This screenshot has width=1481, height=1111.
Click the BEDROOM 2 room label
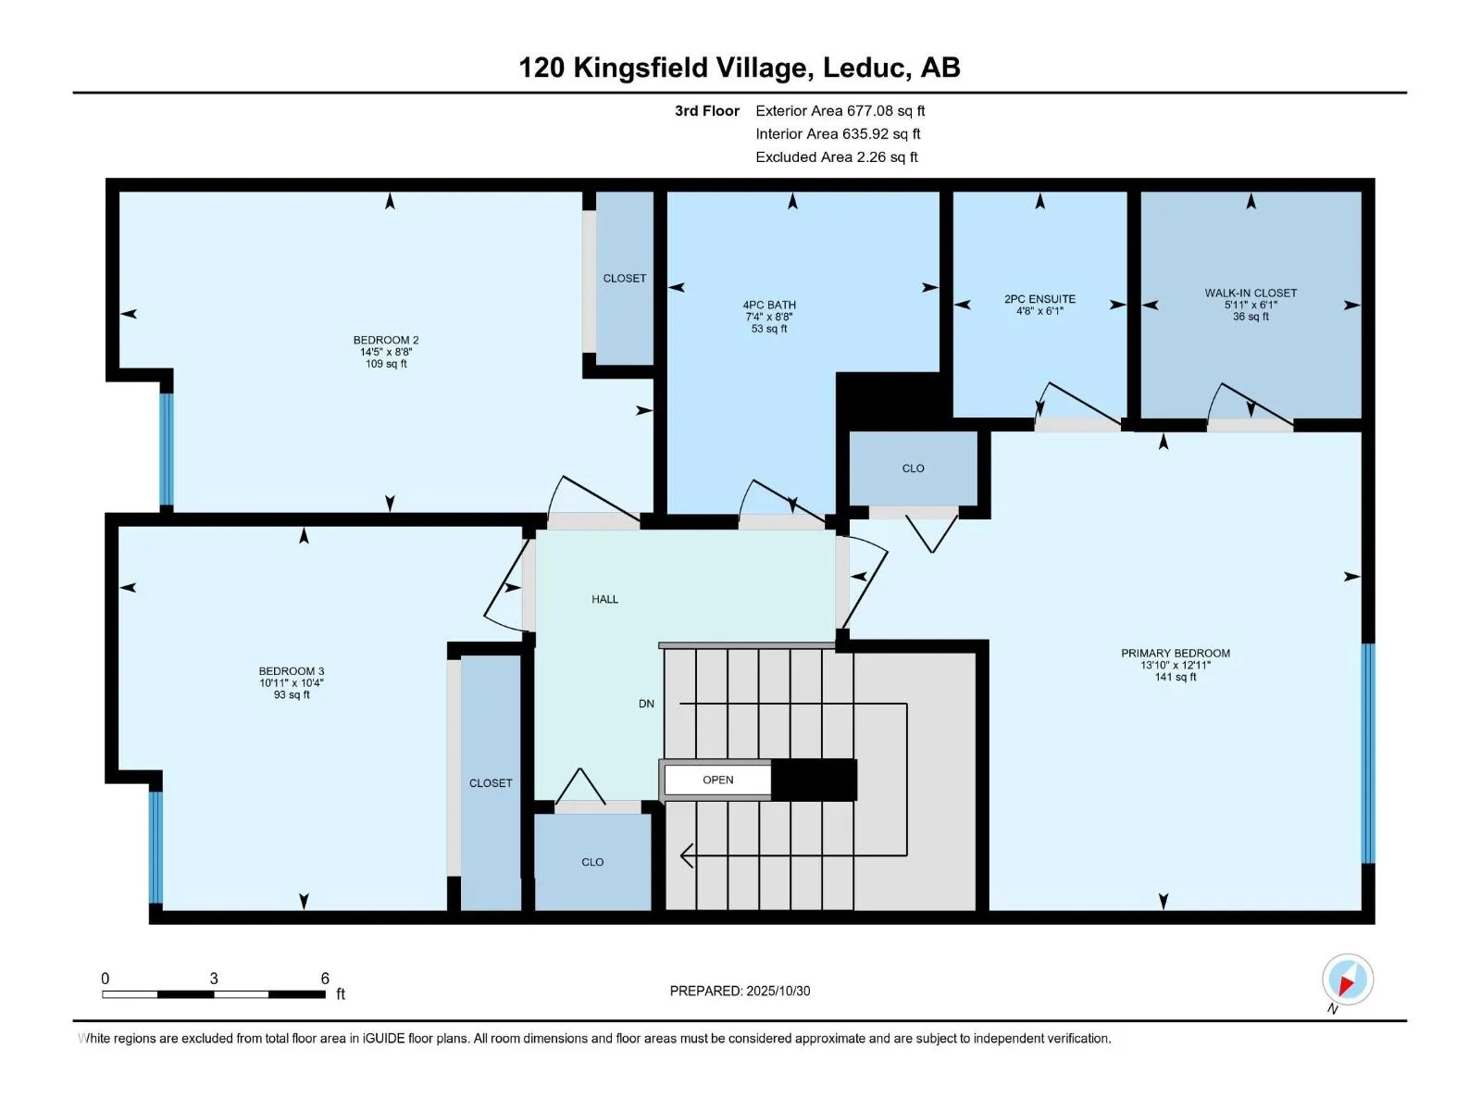tap(386, 340)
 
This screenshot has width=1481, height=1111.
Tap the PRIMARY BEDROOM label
tap(1175, 653)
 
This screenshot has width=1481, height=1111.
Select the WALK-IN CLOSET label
tap(1251, 293)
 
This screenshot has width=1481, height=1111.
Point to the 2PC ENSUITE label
tap(1039, 299)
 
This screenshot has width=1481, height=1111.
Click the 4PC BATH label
tap(769, 305)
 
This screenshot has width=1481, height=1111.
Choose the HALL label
tap(604, 599)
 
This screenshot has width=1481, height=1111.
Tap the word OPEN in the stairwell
tap(717, 780)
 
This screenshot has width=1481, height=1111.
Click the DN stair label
tap(646, 704)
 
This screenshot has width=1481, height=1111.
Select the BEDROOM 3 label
tap(292, 671)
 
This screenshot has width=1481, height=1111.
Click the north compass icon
tap(1348, 980)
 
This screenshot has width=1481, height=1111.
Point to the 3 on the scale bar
tap(214, 979)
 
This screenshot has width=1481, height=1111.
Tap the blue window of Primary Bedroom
tap(1368, 754)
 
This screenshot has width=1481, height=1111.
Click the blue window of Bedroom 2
tap(166, 449)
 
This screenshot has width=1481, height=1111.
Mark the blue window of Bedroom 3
tap(156, 846)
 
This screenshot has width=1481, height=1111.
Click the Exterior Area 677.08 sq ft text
tap(840, 110)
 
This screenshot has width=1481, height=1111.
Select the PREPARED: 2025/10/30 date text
tap(740, 991)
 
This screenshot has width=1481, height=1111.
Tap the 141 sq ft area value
tap(1175, 677)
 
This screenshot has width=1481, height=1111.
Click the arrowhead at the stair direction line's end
tap(687, 855)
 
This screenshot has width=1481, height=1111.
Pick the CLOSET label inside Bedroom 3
tap(491, 783)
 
